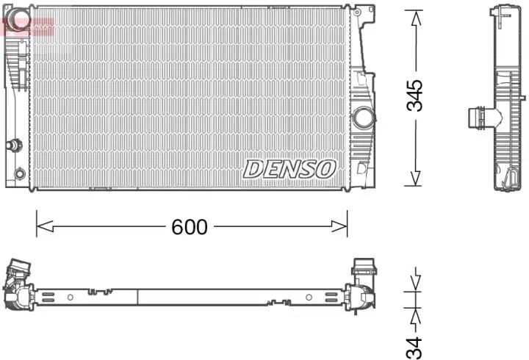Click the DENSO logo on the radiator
289,169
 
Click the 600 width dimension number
190,228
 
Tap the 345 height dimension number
416,96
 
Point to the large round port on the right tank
363,117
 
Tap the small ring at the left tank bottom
20,174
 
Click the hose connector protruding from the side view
477,118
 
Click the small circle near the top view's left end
70,298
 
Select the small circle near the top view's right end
309,298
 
